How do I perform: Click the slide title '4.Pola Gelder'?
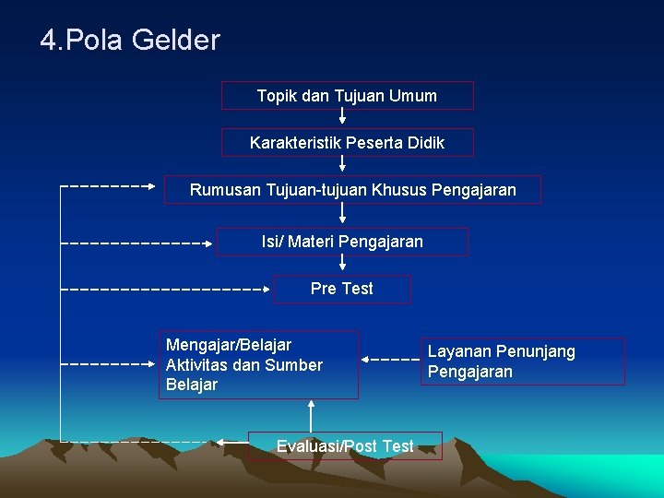pos(130,41)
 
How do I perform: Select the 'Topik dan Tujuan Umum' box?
pos(347,96)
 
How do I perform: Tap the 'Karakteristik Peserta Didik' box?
pos(347,143)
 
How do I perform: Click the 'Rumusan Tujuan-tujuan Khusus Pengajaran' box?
pos(352,190)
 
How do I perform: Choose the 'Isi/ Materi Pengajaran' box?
pos(342,242)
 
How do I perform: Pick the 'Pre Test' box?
pos(342,289)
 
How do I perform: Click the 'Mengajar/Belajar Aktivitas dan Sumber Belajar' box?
pos(257,364)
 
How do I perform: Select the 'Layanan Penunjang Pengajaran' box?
pos(524,361)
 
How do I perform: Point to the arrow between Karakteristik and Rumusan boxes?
pos(342,163)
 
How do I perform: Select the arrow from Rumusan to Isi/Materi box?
pos(342,214)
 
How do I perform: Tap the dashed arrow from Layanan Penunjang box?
pos(389,359)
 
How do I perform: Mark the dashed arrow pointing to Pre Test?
pos(166,289)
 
